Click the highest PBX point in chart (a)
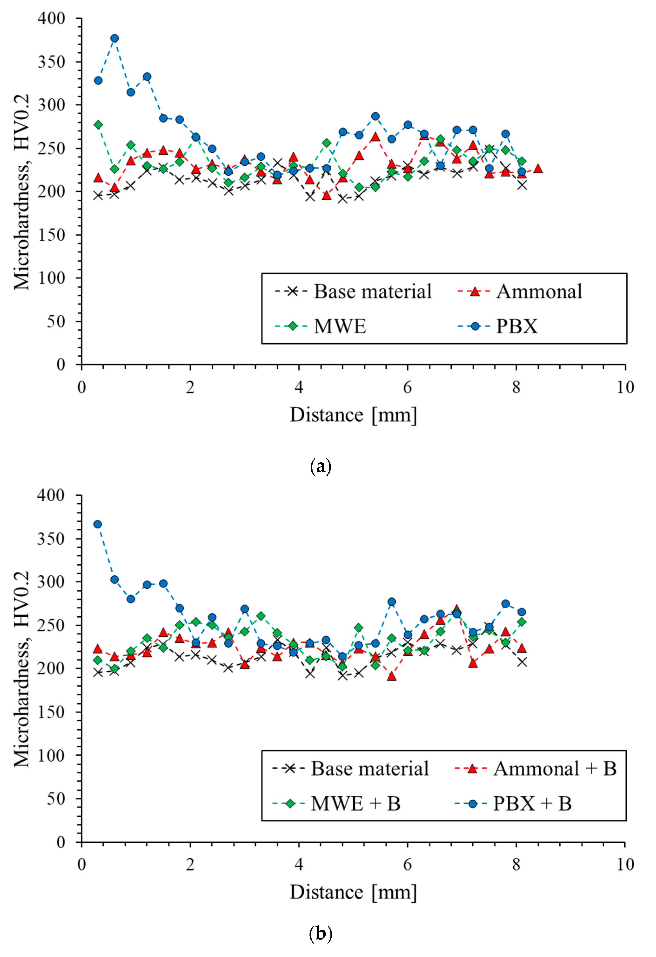point(114,38)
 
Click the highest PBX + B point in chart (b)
point(97,524)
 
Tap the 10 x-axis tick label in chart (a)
point(625,387)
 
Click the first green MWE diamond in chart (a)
point(98,125)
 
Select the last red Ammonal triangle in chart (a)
point(537,168)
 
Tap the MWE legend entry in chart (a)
point(340,326)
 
